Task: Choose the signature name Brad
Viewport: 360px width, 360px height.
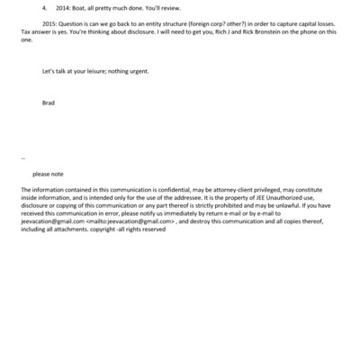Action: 49,103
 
